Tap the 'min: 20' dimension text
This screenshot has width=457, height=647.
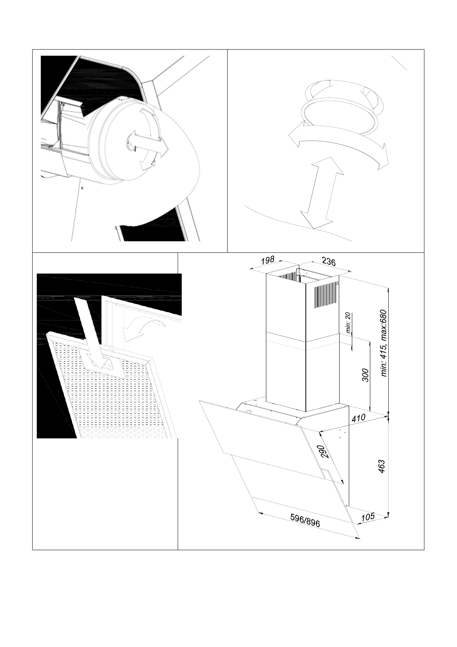point(348,322)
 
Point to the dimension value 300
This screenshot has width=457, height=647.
point(365,375)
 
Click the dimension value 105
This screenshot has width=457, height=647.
point(368,517)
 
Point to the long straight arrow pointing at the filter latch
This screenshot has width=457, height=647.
point(88,330)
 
